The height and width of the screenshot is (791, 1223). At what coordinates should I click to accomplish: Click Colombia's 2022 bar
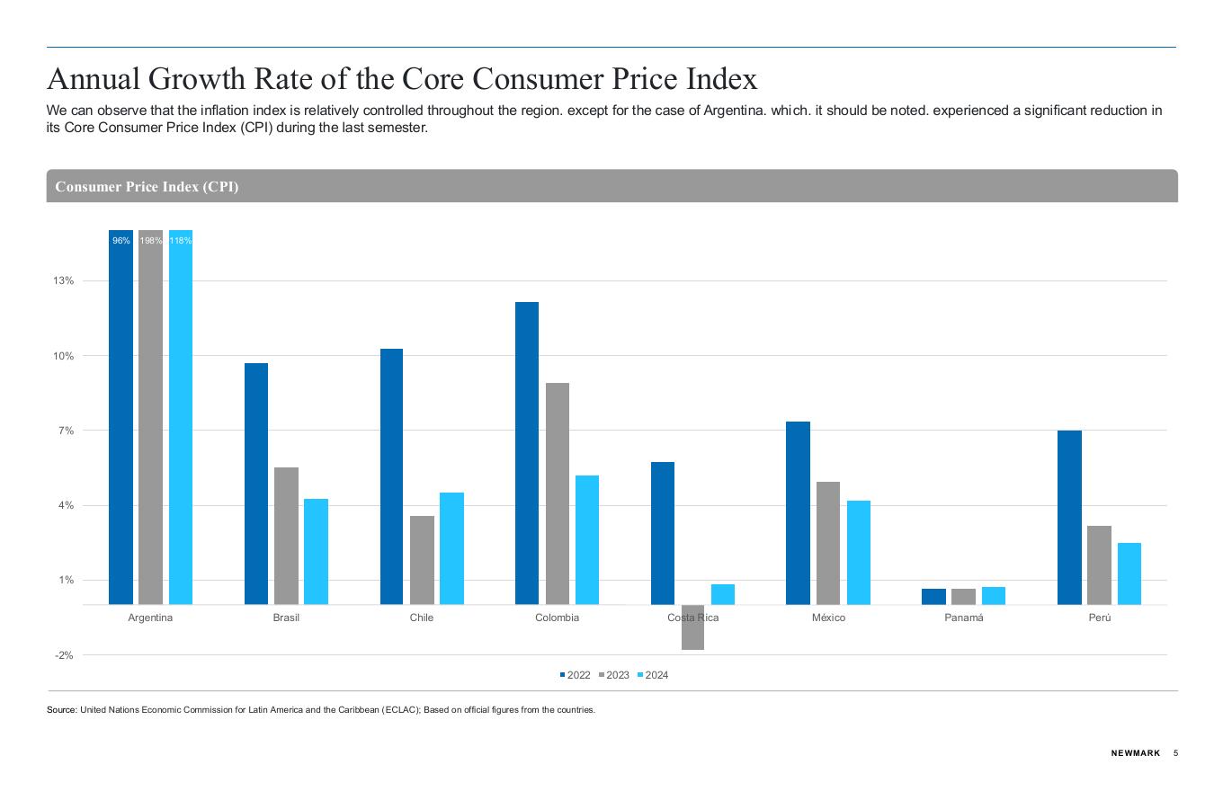(527, 453)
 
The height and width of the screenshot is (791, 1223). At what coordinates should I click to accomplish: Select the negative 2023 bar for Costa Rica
(692, 627)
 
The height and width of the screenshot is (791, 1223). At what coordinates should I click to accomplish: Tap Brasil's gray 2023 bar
(286, 536)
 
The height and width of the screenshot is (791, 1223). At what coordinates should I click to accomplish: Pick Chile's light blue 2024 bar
(451, 548)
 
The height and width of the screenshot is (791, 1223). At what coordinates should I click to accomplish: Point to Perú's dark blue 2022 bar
(1069, 518)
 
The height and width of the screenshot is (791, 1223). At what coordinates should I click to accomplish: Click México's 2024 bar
(859, 552)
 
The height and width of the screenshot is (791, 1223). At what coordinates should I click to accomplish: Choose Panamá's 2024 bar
(994, 595)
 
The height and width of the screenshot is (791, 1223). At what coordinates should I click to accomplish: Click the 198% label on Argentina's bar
(151, 241)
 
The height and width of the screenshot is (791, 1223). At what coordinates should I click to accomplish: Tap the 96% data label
(121, 241)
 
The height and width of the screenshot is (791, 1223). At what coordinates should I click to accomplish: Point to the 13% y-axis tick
(63, 281)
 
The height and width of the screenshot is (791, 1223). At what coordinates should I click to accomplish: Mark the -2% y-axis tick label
(63, 655)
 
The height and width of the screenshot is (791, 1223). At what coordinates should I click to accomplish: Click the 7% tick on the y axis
(65, 431)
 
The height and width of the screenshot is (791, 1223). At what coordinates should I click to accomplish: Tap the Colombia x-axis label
(557, 618)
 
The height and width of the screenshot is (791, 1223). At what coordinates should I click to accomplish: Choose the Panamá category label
(964, 618)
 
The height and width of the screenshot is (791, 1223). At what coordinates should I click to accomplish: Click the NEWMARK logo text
(1136, 753)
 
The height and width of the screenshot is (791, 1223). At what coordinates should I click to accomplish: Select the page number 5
(1175, 753)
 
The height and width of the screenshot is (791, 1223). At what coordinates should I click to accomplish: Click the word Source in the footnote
(62, 710)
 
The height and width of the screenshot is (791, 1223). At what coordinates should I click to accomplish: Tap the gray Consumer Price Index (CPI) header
(611, 186)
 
